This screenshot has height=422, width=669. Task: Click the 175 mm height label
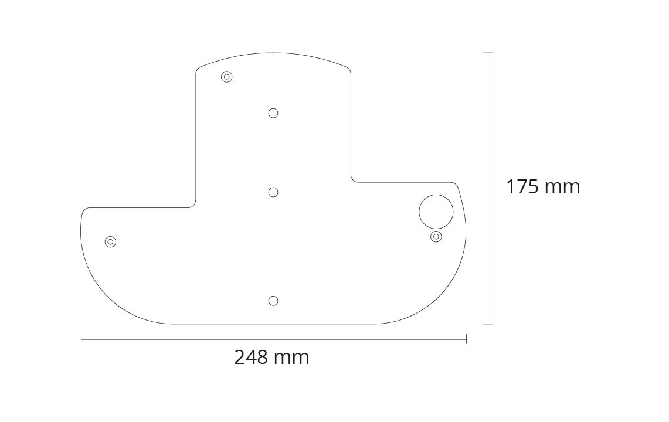pyautogui.click(x=543, y=187)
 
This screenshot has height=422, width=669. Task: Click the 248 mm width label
pyautogui.click(x=272, y=357)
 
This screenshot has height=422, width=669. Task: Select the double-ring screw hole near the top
pyautogui.click(x=227, y=77)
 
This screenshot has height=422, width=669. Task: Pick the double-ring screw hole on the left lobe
pyautogui.click(x=110, y=242)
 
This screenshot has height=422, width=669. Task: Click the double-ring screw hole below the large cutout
pyautogui.click(x=436, y=236)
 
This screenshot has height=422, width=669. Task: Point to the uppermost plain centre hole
pyautogui.click(x=273, y=113)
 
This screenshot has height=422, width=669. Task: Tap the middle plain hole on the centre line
pyautogui.click(x=273, y=192)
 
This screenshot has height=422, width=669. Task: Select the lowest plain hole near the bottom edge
pyautogui.click(x=273, y=301)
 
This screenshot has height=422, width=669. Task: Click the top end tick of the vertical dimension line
pyautogui.click(x=488, y=52)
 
